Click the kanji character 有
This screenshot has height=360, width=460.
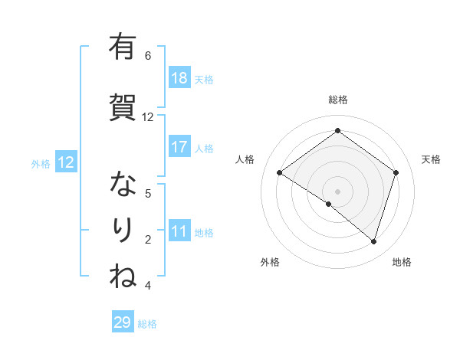coord(122,47)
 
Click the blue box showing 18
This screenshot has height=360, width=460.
coord(179,78)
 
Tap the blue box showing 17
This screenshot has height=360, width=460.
coord(179,147)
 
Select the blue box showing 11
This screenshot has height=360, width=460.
coord(179,231)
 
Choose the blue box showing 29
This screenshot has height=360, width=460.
coord(123,322)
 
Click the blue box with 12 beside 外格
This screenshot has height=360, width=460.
coord(65,162)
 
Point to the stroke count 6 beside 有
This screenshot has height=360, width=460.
coord(148,55)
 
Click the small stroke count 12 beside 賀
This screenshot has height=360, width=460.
coord(148,117)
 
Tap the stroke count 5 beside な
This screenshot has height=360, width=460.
coord(148,193)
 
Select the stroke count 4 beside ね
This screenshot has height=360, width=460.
coord(148,286)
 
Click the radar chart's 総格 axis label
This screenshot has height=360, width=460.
coord(337,100)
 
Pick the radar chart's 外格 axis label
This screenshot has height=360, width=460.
coord(270,262)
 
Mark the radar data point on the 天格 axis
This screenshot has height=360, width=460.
coord(396,172)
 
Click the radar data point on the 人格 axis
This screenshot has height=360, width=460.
coord(280,173)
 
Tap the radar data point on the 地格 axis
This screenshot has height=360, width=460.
coord(373,241)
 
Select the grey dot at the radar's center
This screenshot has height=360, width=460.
coord(337,191)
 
